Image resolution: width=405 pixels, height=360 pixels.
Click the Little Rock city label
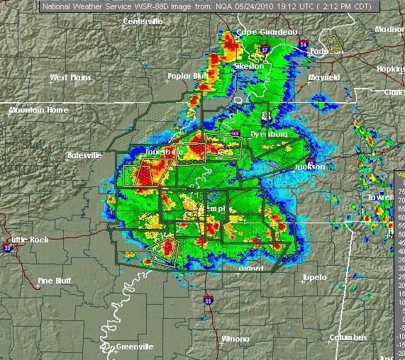30,240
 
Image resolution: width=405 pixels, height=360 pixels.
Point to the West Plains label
70,77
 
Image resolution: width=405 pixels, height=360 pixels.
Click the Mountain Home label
39,111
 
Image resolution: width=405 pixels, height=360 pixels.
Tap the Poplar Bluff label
186,76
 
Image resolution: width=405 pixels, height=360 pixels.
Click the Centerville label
143,21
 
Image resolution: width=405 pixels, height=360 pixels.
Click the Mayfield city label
323,77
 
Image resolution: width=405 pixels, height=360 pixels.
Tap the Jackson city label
310,167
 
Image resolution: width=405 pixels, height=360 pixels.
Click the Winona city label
235,339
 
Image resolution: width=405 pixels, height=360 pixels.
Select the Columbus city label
352,337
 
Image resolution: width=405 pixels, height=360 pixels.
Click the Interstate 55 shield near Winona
208,300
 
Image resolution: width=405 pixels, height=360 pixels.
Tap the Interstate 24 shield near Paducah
302,44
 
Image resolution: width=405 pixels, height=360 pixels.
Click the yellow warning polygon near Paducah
333,41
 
